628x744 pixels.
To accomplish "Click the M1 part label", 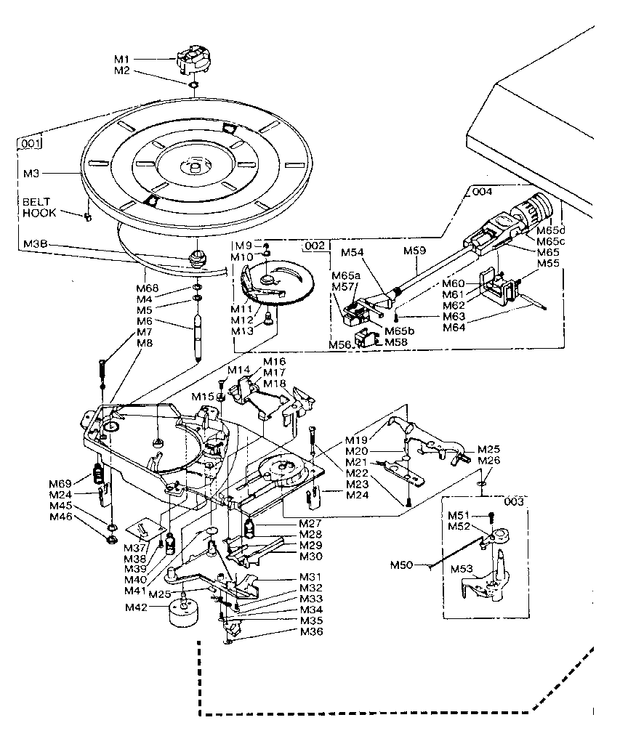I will tap(121, 59).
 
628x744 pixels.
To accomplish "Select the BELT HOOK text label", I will tap(40, 208).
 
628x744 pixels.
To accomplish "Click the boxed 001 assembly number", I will tap(29, 143).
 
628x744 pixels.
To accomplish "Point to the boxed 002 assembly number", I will tap(314, 246).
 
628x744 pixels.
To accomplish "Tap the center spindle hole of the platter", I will tap(195, 168).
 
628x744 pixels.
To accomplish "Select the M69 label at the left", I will tap(60, 484).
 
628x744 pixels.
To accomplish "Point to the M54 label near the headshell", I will tap(353, 252).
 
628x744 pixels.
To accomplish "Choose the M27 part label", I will tap(311, 523).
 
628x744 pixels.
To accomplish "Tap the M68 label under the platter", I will tap(148, 288).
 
